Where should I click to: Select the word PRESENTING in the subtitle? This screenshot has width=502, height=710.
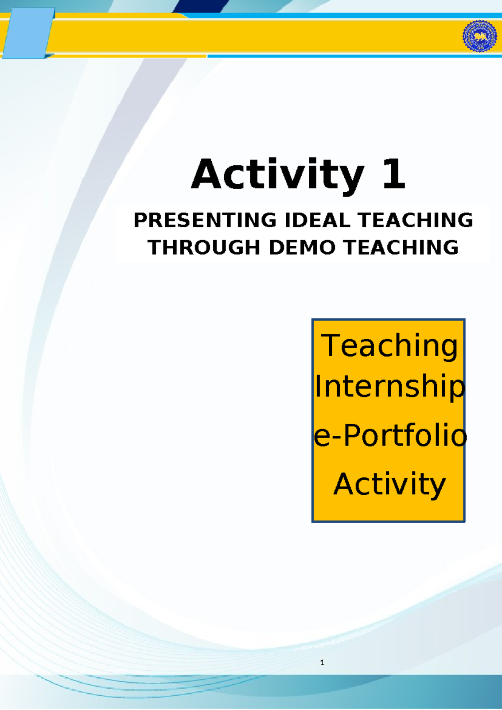205,220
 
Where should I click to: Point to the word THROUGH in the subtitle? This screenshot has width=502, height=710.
204,247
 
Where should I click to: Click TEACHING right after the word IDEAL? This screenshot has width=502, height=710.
415,220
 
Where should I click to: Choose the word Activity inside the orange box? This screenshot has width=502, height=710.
389,484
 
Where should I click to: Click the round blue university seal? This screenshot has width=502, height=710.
479,36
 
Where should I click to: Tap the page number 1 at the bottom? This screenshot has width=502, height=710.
322,663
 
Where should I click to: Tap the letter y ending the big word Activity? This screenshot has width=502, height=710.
351,179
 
